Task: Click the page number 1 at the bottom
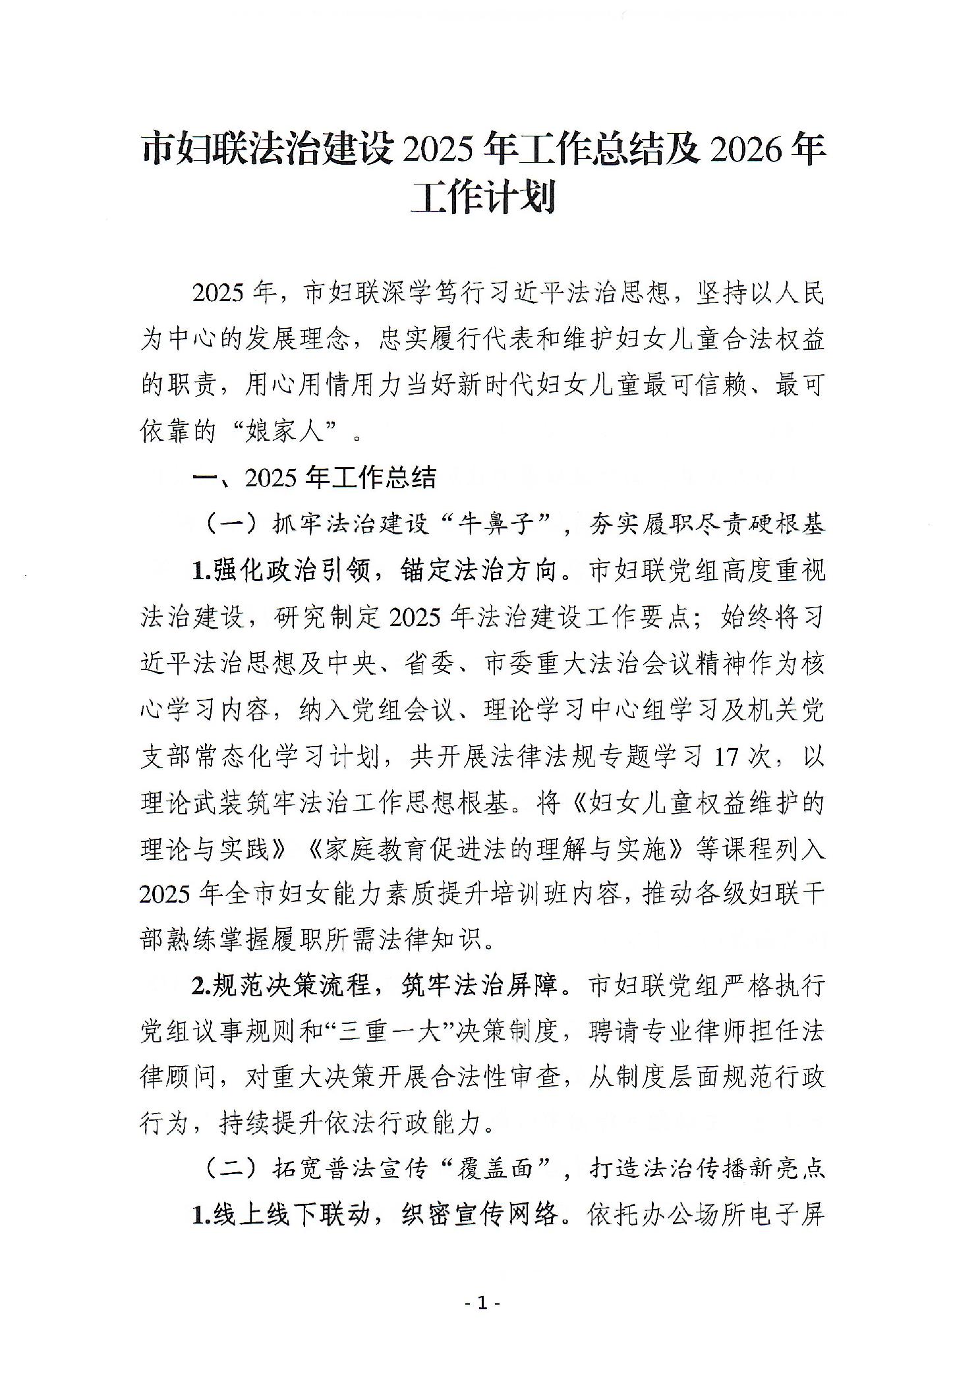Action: (483, 1303)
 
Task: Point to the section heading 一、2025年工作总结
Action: (314, 478)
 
